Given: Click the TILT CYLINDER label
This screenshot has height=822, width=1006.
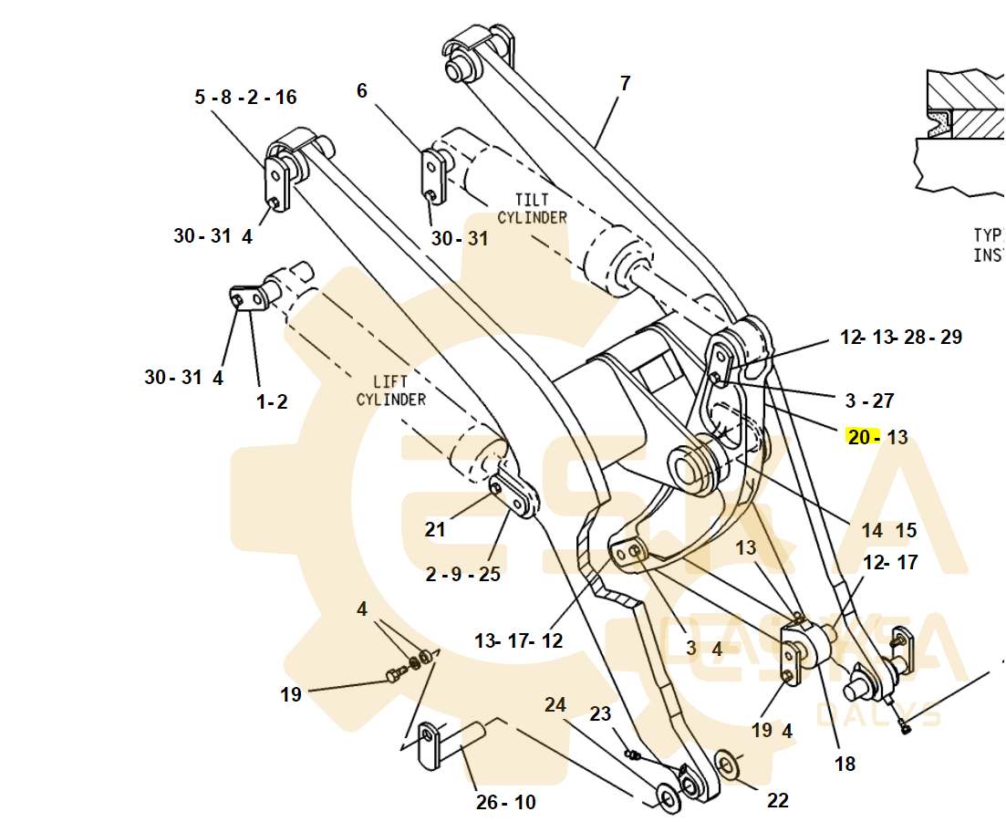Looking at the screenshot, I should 532,208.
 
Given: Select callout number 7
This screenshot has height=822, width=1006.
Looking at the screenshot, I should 625,83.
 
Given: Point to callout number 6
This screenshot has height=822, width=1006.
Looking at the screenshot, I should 362,90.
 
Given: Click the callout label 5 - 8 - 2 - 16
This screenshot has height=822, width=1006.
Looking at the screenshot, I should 245,97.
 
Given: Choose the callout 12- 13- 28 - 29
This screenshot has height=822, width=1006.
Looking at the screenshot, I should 900,337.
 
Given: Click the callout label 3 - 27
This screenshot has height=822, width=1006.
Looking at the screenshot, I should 869,400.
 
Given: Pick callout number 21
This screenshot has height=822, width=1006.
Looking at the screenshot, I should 435,529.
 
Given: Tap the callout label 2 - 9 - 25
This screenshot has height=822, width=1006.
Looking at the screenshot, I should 463,574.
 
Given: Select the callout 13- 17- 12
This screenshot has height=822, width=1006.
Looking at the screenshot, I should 518,640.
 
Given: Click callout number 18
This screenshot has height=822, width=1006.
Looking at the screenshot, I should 845,763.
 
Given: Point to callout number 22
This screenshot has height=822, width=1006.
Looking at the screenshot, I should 777,800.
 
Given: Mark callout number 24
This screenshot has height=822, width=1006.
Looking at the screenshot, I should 555,704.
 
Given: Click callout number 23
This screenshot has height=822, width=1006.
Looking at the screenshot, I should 599,713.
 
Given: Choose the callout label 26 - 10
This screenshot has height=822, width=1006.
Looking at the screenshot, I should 505,802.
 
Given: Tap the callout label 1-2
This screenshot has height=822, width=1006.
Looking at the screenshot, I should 271,401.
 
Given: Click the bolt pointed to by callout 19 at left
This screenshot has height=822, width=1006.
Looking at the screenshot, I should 396,676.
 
